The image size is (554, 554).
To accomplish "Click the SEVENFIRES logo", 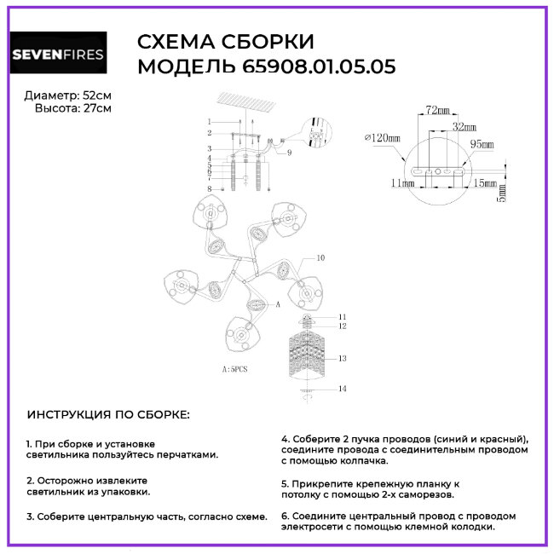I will [x=58, y=55].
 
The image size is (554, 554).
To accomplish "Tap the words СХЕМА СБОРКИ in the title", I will [x=226, y=42].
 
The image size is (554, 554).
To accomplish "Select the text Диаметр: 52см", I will [x=67, y=95].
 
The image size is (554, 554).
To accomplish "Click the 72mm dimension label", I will [x=437, y=112].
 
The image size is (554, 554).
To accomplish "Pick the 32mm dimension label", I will [x=465, y=126].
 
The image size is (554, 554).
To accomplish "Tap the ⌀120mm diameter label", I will [x=382, y=137].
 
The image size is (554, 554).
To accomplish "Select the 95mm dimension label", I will [x=482, y=145].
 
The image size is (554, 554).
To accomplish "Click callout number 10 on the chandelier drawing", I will [x=321, y=257].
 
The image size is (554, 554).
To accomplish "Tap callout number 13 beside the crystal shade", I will [x=342, y=360].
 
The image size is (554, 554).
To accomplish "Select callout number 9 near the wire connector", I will [x=289, y=153].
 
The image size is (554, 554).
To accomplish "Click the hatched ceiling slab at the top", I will [x=249, y=102].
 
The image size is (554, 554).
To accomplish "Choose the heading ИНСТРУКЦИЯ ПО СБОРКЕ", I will [x=108, y=414].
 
